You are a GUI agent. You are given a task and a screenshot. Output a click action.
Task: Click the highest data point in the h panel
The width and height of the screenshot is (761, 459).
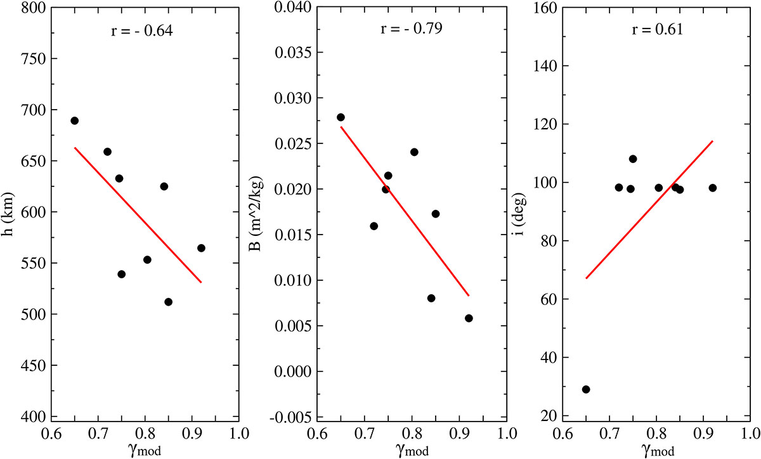click(74, 120)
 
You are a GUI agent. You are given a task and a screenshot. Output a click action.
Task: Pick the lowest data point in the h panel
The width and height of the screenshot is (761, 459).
click(168, 302)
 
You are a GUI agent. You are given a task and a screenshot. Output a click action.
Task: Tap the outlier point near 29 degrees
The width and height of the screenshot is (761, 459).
click(586, 389)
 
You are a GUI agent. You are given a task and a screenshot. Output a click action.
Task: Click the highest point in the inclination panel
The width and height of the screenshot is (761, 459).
click(633, 158)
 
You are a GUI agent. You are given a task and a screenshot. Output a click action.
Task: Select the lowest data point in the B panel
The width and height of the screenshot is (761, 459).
click(469, 318)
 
